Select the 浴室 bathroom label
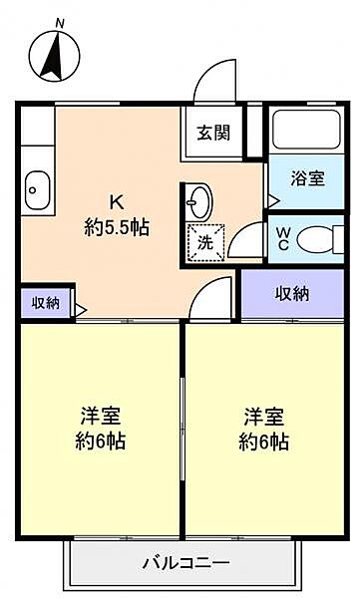click(307, 179)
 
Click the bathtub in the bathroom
click(307, 133)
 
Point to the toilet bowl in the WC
click(318, 239)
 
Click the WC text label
click(283, 238)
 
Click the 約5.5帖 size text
click(116, 227)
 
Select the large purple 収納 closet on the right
click(292, 293)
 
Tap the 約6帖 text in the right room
click(263, 442)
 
